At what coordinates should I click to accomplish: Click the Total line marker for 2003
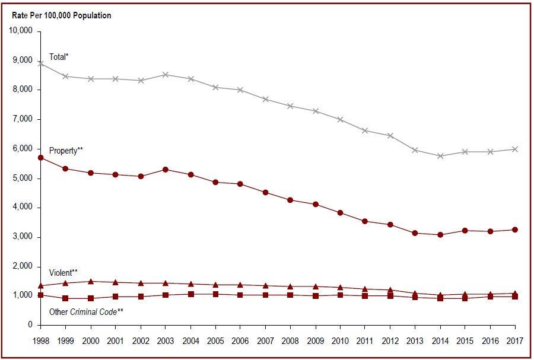point(166,75)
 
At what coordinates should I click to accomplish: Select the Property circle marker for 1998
point(40,158)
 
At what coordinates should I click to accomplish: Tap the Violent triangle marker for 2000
point(90,282)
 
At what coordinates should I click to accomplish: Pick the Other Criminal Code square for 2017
point(515,296)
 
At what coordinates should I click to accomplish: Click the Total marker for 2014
point(440,156)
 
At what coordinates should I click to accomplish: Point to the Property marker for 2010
point(340,213)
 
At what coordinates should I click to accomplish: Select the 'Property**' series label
point(65,151)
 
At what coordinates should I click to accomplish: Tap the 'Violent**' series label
point(63,273)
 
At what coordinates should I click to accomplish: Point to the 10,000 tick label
point(21,31)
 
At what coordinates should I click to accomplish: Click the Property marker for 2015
point(465,230)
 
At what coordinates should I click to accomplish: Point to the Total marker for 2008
point(290,106)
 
